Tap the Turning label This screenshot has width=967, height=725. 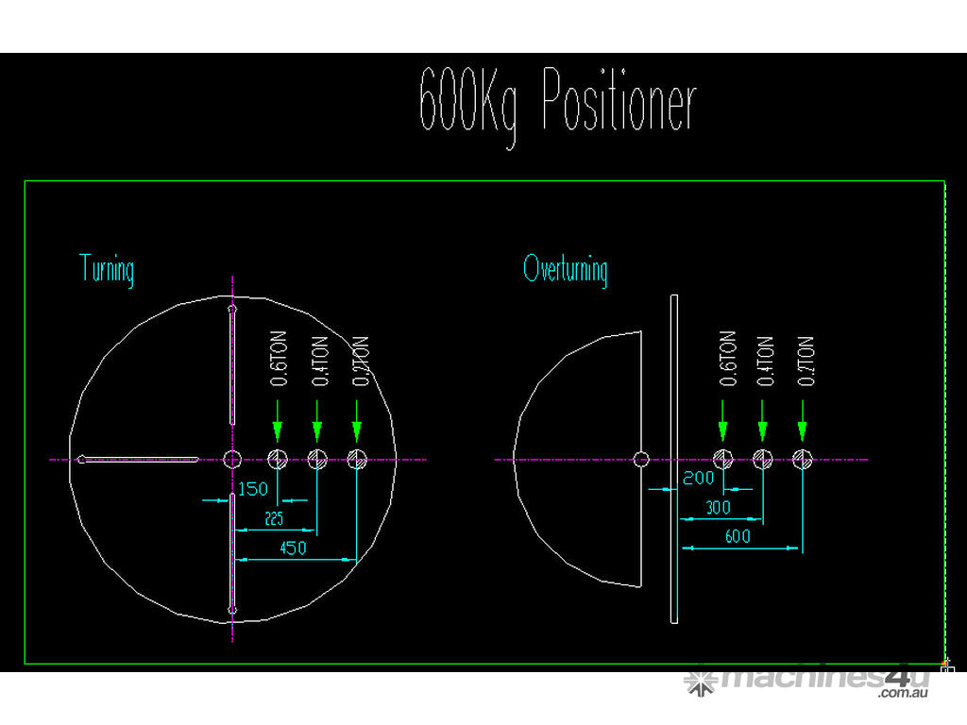pyautogui.click(x=107, y=269)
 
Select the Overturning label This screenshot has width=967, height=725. pyautogui.click(x=566, y=269)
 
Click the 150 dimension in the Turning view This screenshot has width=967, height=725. pyautogui.click(x=252, y=489)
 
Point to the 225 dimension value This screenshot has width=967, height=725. pyautogui.click(x=274, y=518)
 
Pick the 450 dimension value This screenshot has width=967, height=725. pyautogui.click(x=294, y=548)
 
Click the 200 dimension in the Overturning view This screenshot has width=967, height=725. pyautogui.click(x=699, y=479)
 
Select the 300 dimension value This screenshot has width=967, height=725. pyautogui.click(x=720, y=508)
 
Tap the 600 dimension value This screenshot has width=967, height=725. pyautogui.click(x=738, y=536)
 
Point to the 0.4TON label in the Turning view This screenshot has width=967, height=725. pyautogui.click(x=319, y=360)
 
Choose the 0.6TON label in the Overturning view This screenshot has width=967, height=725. pyautogui.click(x=727, y=359)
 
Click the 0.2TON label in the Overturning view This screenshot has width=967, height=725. pyautogui.click(x=806, y=359)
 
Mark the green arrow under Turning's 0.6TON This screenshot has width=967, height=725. pyautogui.click(x=277, y=421)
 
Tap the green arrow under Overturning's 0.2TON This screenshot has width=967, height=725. pyautogui.click(x=802, y=421)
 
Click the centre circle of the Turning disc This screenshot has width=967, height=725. pyautogui.click(x=232, y=460)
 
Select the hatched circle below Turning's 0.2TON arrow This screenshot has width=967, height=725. pyautogui.click(x=356, y=460)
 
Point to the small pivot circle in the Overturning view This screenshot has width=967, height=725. pyautogui.click(x=641, y=460)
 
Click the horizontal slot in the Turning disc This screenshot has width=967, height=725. pyautogui.click(x=139, y=460)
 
